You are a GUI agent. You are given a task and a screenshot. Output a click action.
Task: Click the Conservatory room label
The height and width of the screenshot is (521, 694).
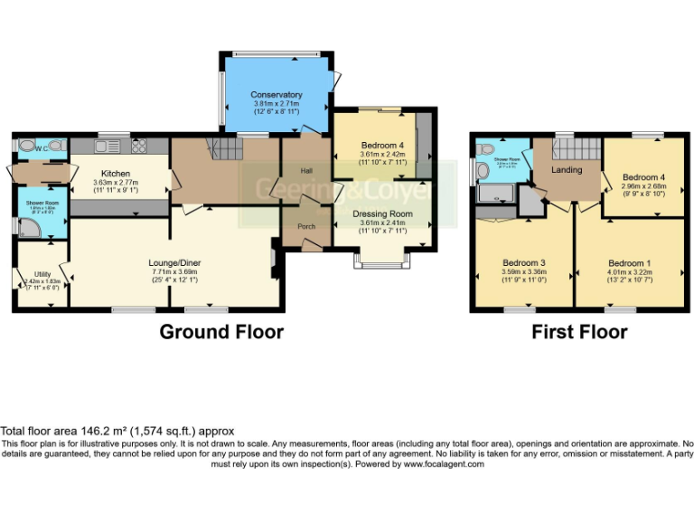[277, 95]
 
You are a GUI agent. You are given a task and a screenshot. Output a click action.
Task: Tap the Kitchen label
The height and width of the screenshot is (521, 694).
[117, 173]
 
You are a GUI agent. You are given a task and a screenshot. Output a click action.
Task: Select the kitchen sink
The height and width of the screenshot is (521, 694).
[106, 145]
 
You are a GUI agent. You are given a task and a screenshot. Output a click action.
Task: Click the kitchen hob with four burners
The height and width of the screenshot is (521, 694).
[139, 145]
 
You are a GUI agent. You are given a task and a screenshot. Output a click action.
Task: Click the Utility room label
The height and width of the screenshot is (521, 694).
[42, 272]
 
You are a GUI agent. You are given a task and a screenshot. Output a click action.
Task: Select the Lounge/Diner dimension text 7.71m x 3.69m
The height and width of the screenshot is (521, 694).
[174, 270]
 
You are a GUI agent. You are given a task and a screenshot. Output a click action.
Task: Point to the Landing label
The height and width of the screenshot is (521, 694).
[567, 169]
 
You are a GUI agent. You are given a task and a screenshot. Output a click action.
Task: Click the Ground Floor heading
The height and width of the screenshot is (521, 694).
[221, 332]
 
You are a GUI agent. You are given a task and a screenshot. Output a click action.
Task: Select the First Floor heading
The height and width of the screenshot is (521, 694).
[578, 332]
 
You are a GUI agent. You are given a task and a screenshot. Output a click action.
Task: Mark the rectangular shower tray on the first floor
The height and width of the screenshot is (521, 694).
[493, 192]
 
